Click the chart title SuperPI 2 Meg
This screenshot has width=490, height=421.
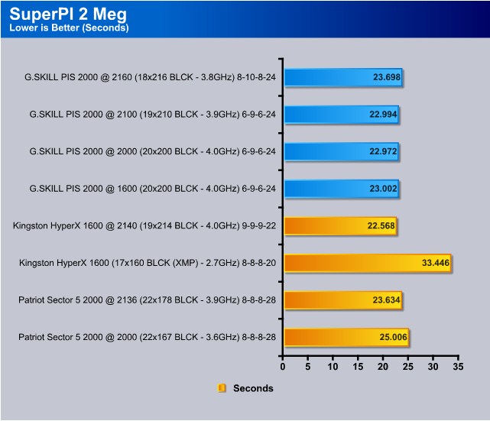[68, 15]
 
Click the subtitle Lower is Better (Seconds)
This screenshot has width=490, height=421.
[69, 28]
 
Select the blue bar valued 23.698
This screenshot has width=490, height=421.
[343, 77]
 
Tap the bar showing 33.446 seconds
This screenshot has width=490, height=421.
[368, 263]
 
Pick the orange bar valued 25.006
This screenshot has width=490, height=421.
[346, 337]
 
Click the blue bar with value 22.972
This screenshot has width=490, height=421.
[342, 151]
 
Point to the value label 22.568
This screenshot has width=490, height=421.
[381, 226]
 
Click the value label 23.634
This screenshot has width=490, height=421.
[386, 300]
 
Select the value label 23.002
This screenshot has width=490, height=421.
[383, 189]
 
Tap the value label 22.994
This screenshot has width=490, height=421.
[383, 115]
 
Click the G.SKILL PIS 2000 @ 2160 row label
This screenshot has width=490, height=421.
[150, 77]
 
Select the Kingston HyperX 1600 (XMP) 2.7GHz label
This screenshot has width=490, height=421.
[148, 263]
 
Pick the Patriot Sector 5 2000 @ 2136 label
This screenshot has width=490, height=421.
[148, 300]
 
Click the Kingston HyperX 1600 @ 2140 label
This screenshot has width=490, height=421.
[144, 226]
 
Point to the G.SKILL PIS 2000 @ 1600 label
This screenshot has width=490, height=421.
[152, 189]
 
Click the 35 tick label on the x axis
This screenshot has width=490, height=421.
[458, 367]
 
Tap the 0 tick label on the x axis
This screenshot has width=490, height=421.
[283, 367]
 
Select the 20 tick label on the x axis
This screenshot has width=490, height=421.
[383, 367]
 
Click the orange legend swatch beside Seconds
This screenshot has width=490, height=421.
[222, 388]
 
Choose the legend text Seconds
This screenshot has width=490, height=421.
[253, 388]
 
